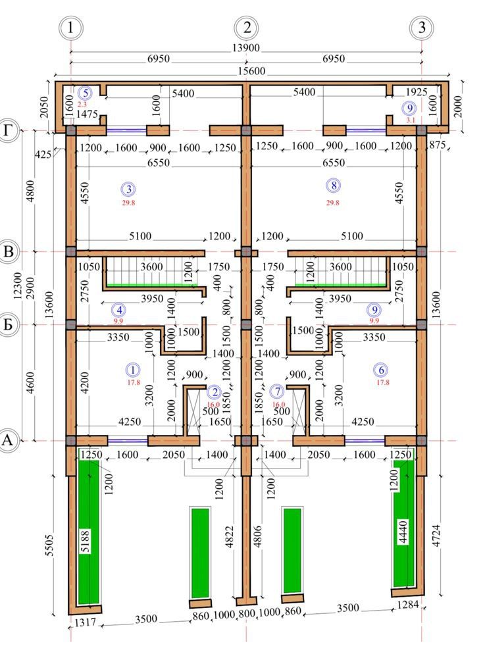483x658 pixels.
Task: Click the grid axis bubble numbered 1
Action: [x=70, y=28]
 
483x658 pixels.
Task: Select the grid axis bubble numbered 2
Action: [x=246, y=28]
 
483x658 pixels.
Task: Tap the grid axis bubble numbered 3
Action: [x=422, y=28]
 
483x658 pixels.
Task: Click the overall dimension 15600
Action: [x=252, y=71]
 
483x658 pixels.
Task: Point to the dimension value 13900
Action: [x=246, y=48]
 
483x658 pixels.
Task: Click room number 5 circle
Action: [x=86, y=93]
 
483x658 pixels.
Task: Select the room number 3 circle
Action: [x=128, y=190]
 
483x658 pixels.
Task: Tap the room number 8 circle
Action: [x=333, y=186]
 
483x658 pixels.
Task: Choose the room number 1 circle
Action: [x=133, y=370]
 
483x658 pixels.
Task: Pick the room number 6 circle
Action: [x=381, y=370]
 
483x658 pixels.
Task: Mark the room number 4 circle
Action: [x=119, y=311]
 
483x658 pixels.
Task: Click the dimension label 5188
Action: [x=85, y=542]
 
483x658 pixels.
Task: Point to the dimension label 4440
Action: [x=403, y=532]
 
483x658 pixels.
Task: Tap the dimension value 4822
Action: [x=230, y=536]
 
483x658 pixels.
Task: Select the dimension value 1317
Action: [x=85, y=622]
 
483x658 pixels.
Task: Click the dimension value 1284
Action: [x=407, y=605]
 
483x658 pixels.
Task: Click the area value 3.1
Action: [x=411, y=120]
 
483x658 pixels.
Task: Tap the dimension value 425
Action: [x=43, y=155]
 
